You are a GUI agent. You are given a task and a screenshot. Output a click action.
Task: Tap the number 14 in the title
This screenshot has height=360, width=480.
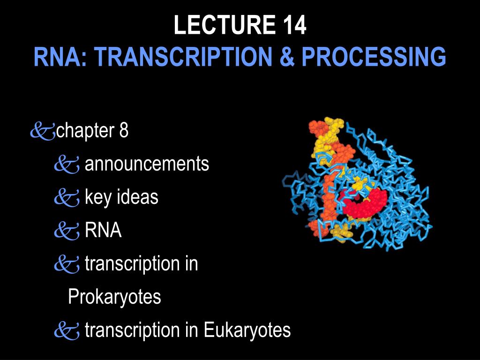[x=294, y=25]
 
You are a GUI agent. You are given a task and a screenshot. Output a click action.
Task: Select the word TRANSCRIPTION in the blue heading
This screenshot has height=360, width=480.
[x=183, y=56]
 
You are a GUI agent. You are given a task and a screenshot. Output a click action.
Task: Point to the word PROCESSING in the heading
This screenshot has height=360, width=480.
[x=374, y=56]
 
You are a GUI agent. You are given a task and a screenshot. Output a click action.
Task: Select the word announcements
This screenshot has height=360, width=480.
[x=147, y=164]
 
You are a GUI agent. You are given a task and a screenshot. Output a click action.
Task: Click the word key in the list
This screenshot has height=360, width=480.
[x=97, y=197]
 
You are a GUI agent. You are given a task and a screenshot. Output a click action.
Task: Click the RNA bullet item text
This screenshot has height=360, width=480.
[x=103, y=230]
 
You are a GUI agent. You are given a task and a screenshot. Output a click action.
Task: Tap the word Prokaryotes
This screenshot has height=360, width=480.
[x=114, y=297]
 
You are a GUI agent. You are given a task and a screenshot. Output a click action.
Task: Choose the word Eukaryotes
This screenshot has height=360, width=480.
[x=247, y=330]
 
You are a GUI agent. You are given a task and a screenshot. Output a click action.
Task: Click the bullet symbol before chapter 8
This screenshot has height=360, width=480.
[x=43, y=131]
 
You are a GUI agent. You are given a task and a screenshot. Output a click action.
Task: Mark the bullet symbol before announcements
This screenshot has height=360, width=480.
[x=67, y=165]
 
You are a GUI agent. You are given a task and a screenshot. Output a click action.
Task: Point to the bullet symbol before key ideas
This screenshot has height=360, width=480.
[x=67, y=198]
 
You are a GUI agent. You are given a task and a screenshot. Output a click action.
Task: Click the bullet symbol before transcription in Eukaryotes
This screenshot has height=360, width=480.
[x=67, y=331]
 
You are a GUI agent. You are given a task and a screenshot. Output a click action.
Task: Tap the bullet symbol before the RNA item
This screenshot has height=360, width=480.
[x=67, y=231]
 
